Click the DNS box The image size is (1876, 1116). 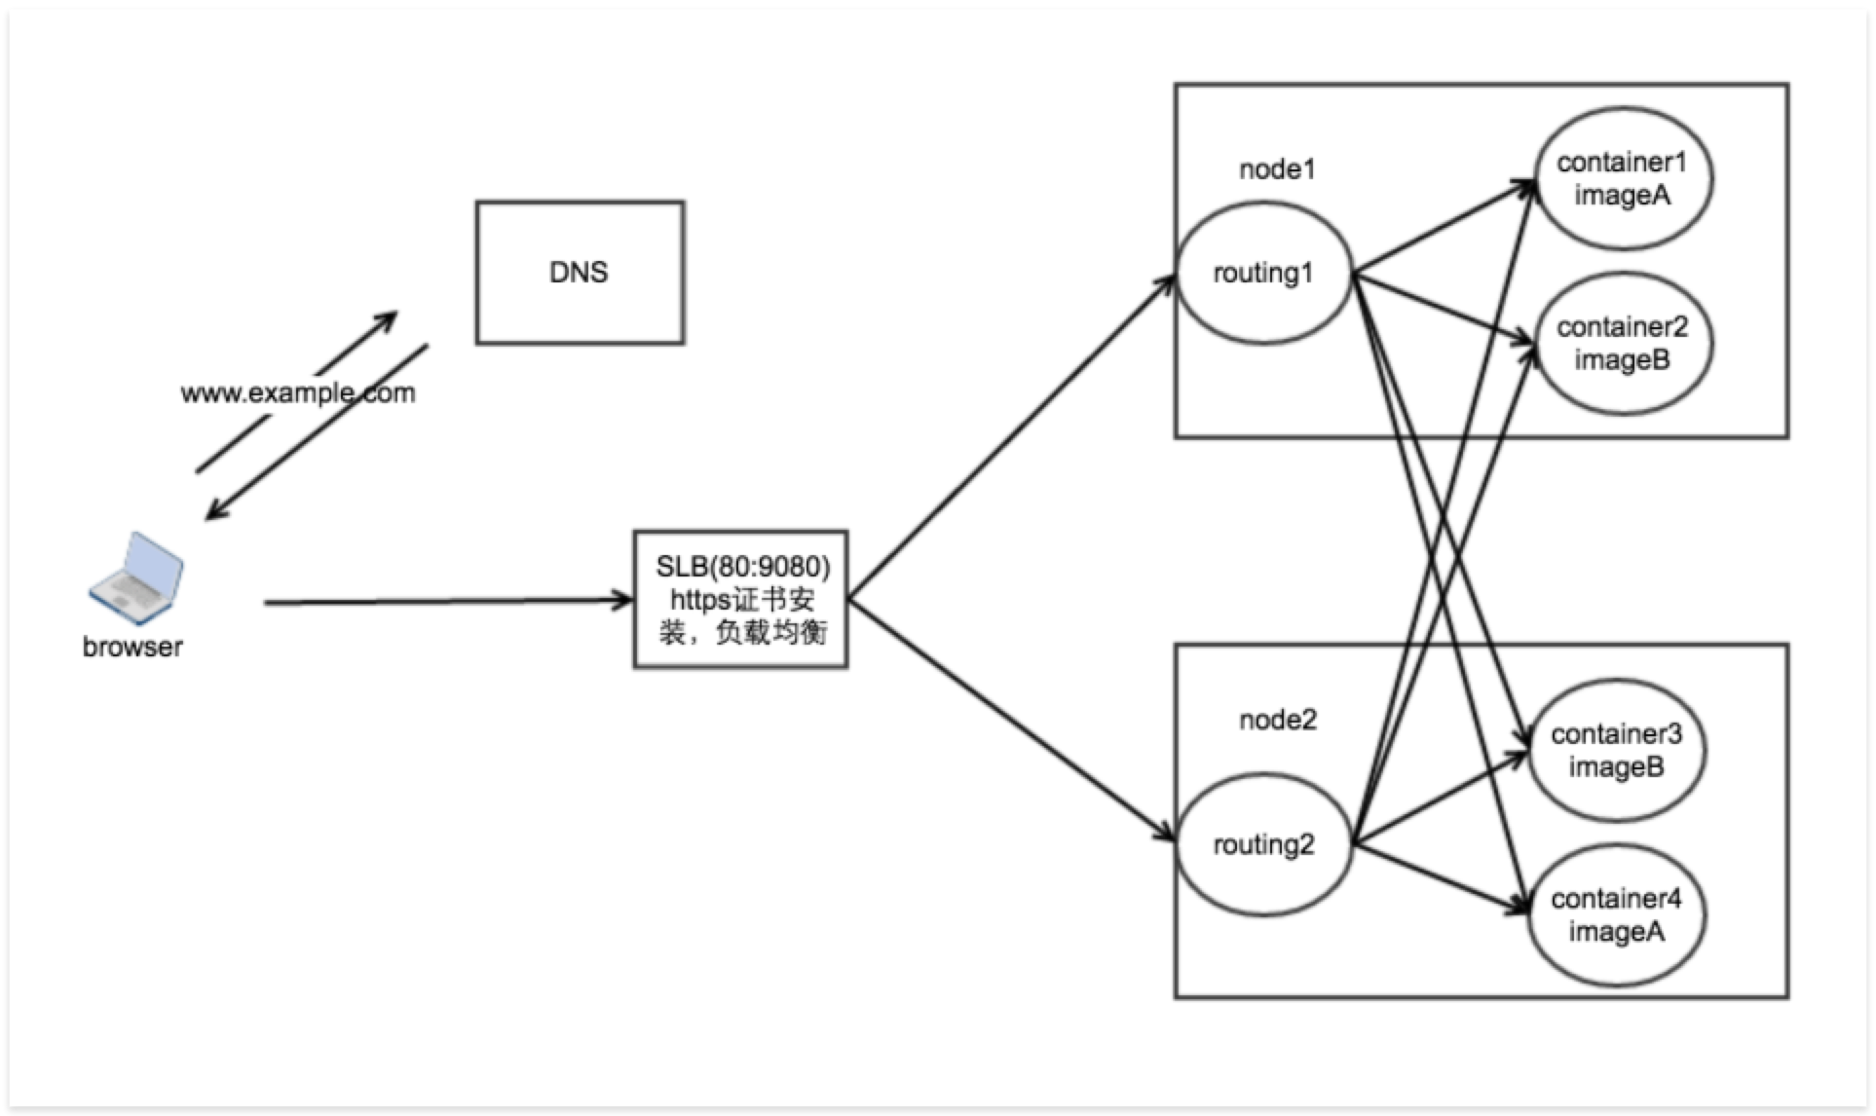(x=580, y=273)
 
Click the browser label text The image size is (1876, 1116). (x=132, y=647)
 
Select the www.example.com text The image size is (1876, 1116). (x=298, y=393)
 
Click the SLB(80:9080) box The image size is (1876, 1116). (x=740, y=599)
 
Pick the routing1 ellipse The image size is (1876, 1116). (x=1263, y=274)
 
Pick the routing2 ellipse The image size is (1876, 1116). (x=1263, y=844)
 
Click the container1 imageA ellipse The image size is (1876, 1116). (x=1622, y=179)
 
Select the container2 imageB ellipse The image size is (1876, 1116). (x=1622, y=344)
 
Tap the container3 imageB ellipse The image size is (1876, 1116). (x=1616, y=750)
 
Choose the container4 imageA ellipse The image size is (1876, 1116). (x=1616, y=915)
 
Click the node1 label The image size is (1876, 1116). (x=1277, y=169)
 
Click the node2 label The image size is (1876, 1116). (x=1277, y=720)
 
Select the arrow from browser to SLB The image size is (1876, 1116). (x=448, y=602)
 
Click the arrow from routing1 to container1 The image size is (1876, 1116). (x=1442, y=226)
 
